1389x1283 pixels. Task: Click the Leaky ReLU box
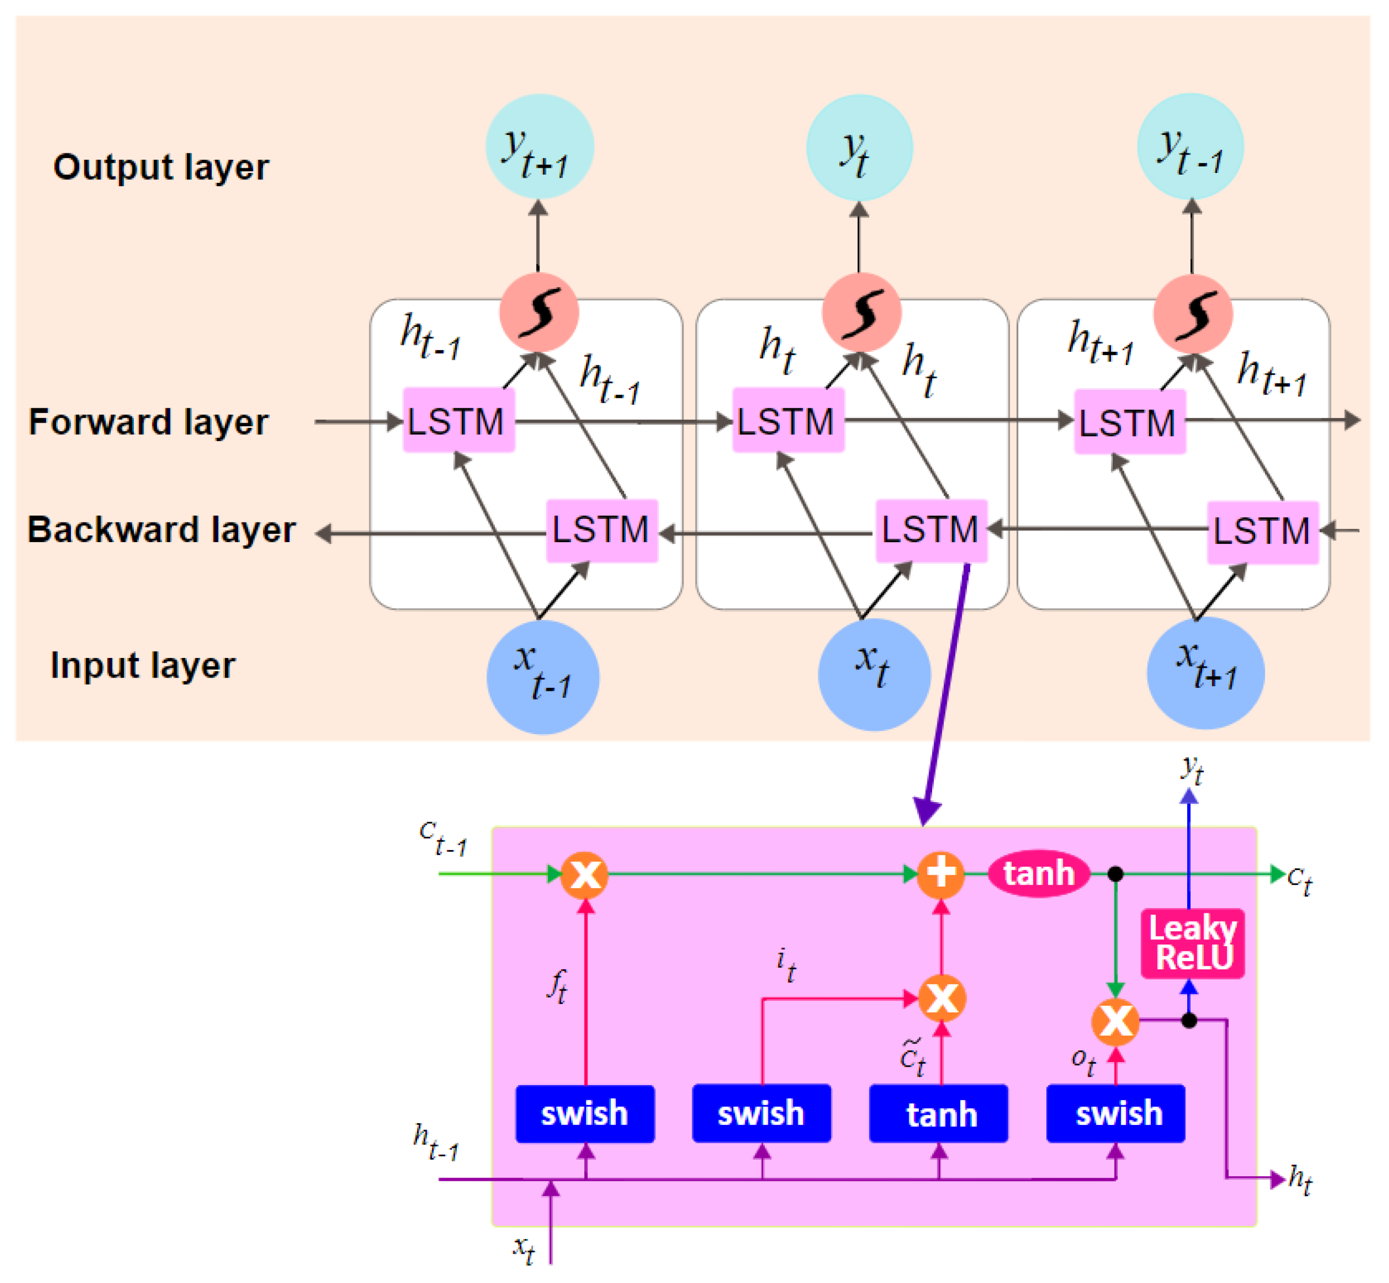1192,943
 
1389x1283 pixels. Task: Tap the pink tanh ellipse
1039,874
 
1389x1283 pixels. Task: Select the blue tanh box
939,1113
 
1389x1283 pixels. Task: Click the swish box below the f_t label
585,1113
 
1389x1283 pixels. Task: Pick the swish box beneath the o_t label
1116,1113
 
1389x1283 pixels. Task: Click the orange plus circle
941,874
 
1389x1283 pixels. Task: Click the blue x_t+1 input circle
1206,674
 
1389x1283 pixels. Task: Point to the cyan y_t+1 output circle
540,148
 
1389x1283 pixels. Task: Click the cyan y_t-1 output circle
1191,147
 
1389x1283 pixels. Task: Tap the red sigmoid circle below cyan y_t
862,313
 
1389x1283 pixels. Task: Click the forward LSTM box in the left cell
459,420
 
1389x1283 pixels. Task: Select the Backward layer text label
161,530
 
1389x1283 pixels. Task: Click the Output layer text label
161,167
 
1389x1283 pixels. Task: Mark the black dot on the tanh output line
1116,874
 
